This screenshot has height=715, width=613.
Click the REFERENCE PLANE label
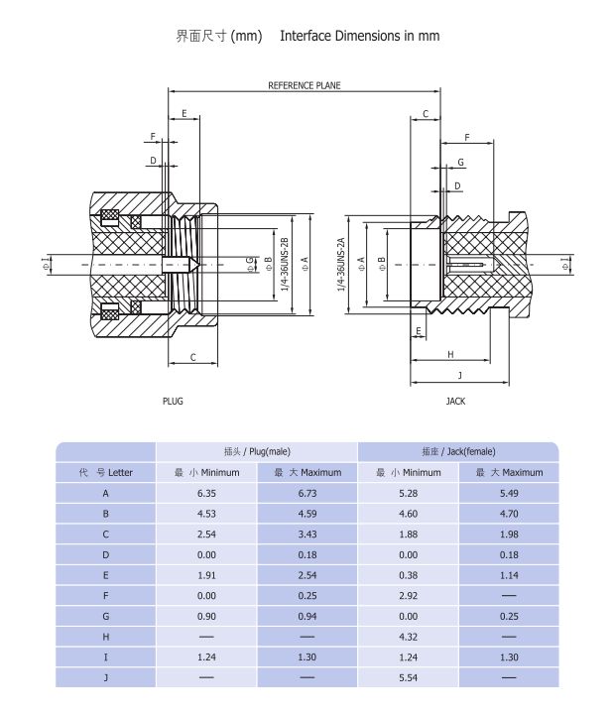[x=304, y=86]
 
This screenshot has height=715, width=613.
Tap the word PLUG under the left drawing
[x=173, y=402]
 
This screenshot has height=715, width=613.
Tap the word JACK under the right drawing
[x=455, y=402]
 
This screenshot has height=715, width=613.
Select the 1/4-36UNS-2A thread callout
[x=340, y=264]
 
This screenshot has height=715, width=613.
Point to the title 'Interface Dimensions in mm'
[x=359, y=36]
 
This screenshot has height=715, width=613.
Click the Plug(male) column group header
[x=257, y=451]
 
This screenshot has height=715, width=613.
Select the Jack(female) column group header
[x=457, y=451]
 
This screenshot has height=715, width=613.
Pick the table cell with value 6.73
[x=306, y=493]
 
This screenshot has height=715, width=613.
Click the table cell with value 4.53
[x=206, y=514]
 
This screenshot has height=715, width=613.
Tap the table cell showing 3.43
[x=306, y=535]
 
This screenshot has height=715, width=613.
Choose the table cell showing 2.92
[x=408, y=595]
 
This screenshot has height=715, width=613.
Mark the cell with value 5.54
[x=408, y=677]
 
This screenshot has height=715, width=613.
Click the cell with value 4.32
[x=408, y=637]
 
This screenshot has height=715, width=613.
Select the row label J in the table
[x=105, y=677]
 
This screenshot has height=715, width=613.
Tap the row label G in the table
[x=105, y=616]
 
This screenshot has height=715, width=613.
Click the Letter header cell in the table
[x=105, y=472]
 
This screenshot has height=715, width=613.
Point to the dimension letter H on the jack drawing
[x=449, y=354]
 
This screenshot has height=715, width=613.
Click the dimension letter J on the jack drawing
[x=459, y=375]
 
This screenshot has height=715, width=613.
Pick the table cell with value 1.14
[x=509, y=575]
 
